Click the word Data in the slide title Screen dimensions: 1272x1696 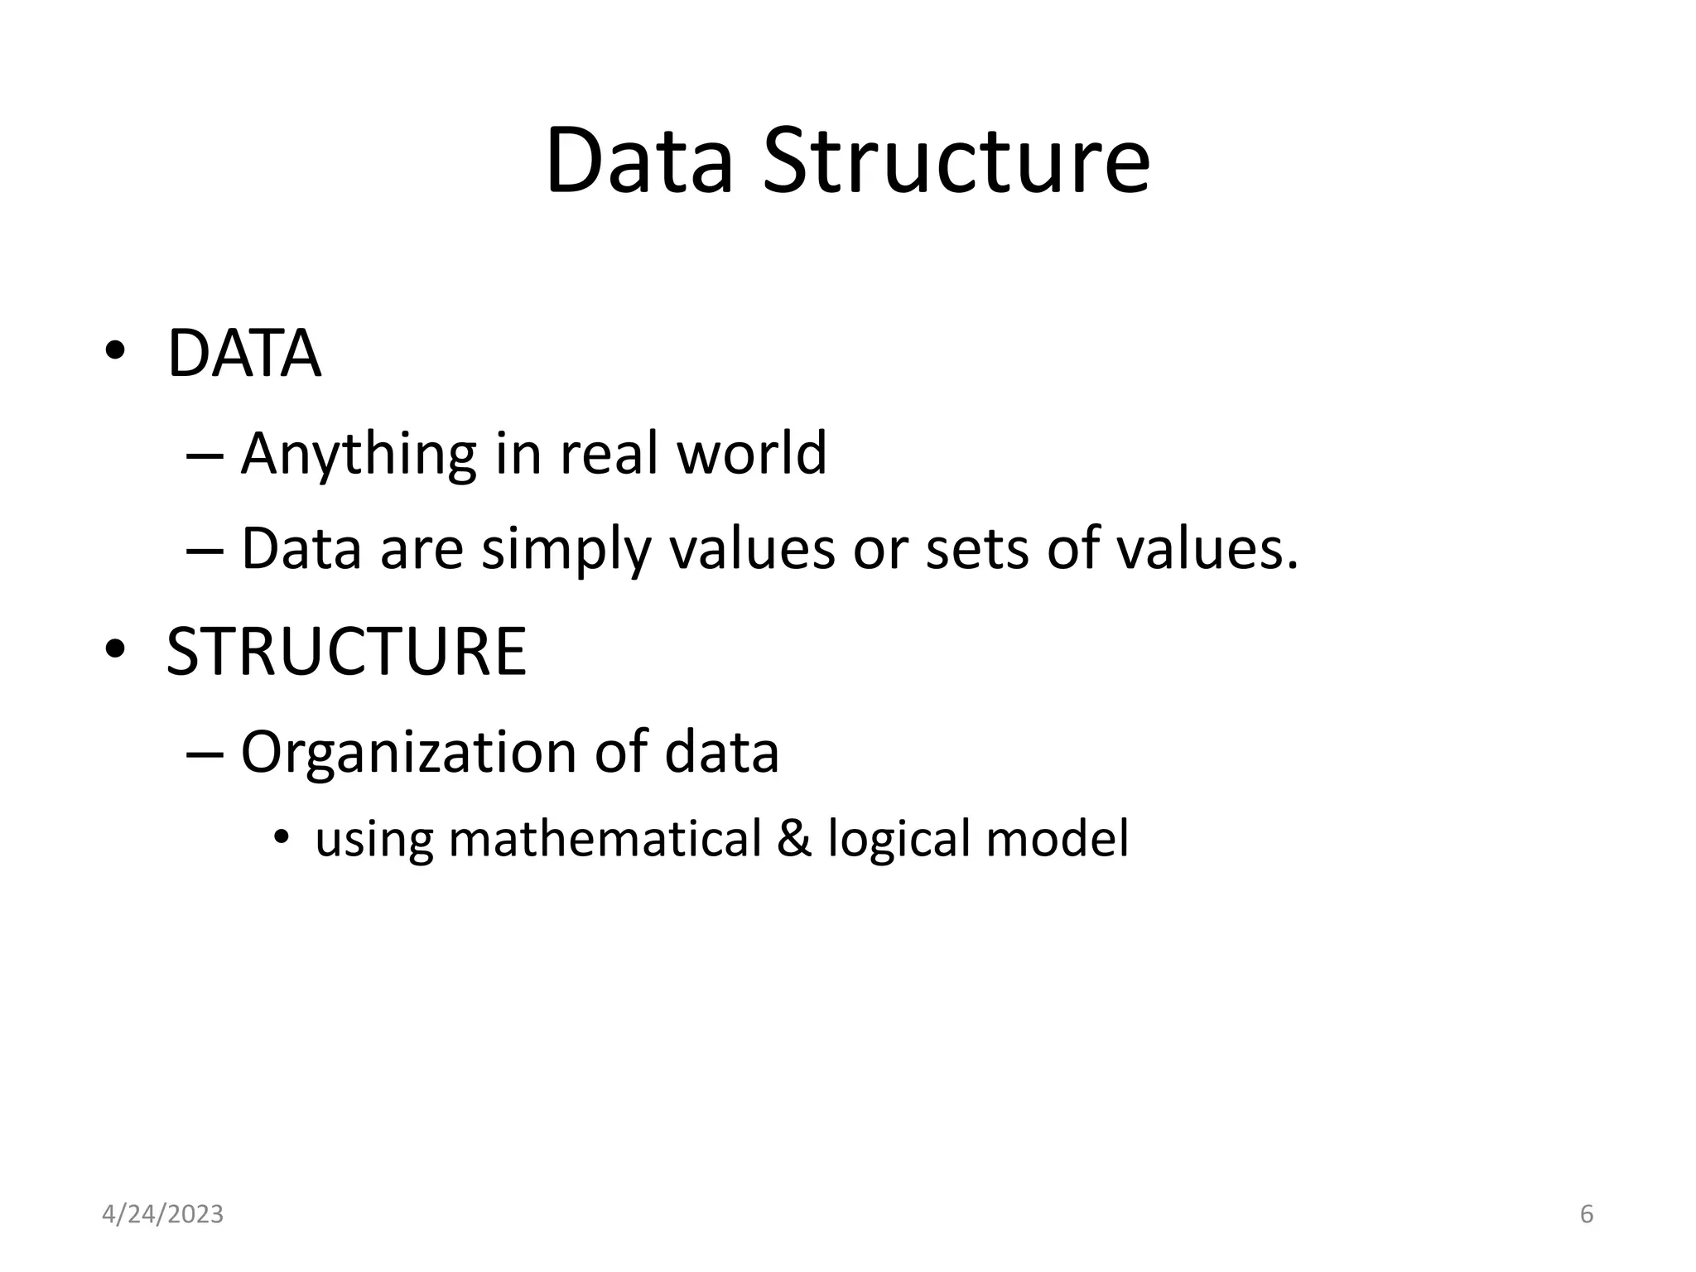(638, 161)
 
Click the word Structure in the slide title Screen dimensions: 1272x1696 (956, 161)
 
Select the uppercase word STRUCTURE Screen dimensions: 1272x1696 (346, 652)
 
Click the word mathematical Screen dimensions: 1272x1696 (605, 838)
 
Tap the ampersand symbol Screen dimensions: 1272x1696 (794, 838)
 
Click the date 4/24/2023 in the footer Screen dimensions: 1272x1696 (162, 1214)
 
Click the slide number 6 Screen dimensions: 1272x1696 (1587, 1214)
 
